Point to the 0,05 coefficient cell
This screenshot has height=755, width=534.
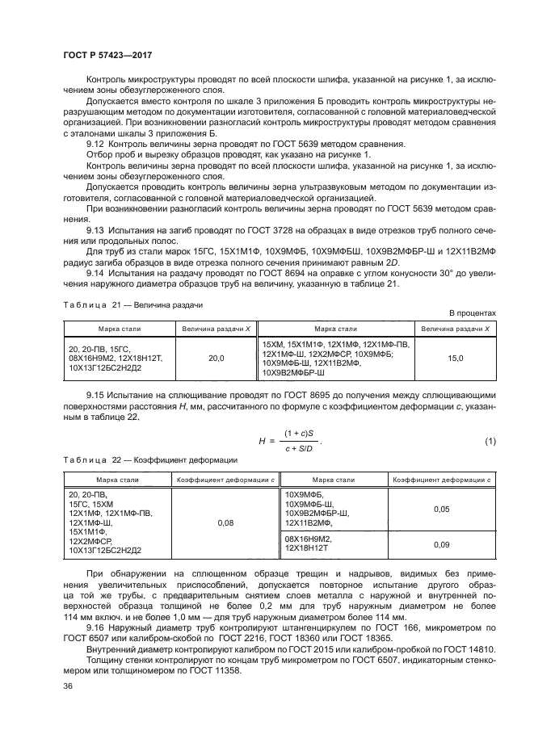click(440, 510)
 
